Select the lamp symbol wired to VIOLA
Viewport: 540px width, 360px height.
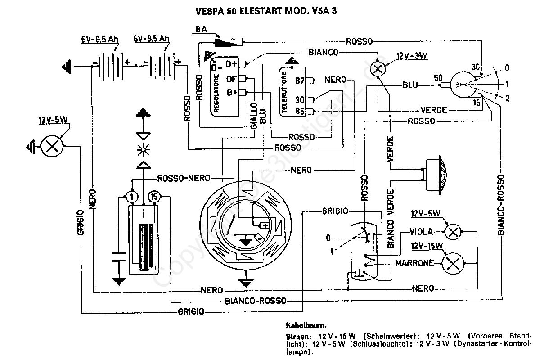coord(453,232)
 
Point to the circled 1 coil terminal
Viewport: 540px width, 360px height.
coord(131,197)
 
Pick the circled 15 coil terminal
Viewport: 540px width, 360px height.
coord(154,197)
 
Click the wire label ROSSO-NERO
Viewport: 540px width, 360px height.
coord(184,178)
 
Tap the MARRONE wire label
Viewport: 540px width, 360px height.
coord(414,263)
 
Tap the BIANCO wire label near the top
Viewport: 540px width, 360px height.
coord(323,53)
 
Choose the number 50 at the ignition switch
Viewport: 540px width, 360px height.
coord(438,78)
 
